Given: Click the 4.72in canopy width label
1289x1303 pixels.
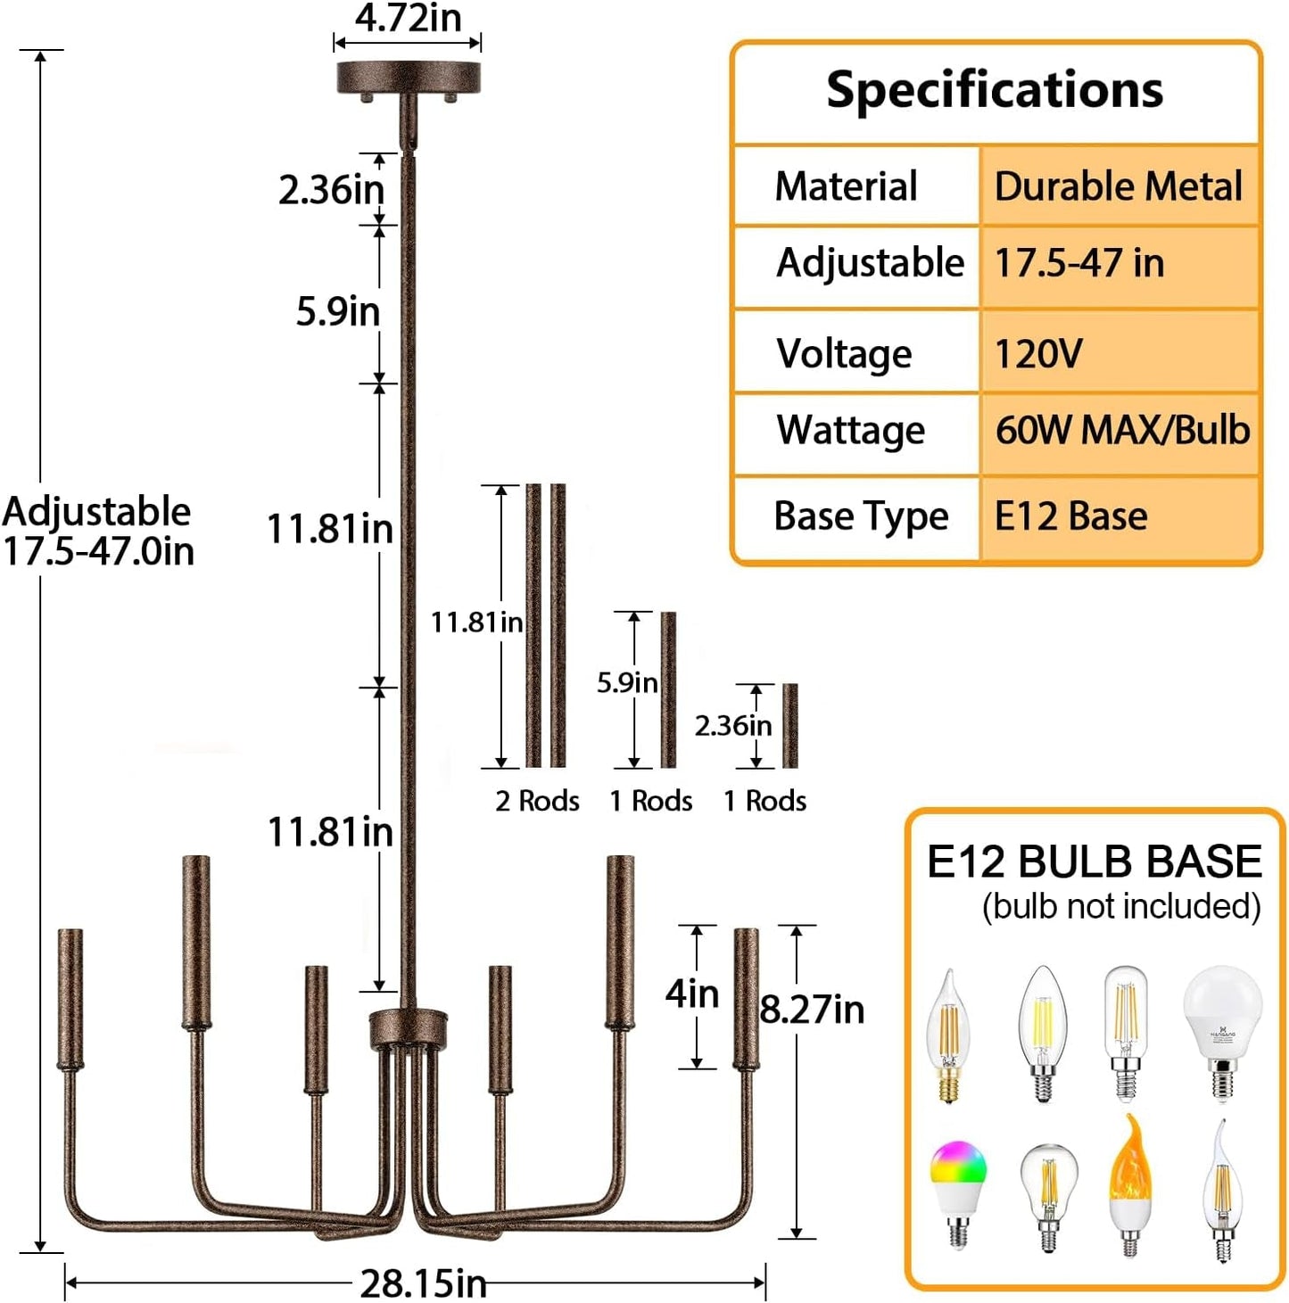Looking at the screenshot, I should click(408, 18).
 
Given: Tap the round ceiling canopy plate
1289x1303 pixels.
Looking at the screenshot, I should click(408, 78).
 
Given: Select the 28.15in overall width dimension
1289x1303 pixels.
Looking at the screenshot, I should click(423, 1283).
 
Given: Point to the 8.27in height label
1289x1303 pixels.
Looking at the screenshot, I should click(812, 1010).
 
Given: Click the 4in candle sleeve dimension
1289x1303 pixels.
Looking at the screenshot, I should click(692, 993).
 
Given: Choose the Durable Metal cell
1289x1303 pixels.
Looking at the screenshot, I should click(1118, 186).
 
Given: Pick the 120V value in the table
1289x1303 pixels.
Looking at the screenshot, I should click(1038, 353).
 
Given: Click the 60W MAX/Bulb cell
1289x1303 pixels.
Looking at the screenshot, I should click(1122, 430).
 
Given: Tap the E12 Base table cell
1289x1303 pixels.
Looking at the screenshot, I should click(1070, 516).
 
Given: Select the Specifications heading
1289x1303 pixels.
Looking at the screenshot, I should click(995, 90).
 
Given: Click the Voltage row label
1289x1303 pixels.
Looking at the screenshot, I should click(844, 353).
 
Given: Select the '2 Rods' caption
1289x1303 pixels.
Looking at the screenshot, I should click(537, 801).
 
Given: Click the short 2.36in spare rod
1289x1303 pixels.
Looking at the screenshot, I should click(789, 725).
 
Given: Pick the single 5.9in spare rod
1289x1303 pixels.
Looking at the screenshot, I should click(668, 689).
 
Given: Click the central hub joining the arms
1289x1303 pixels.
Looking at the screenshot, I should click(409, 1028).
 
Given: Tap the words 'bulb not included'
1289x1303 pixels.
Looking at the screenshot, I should click(1121, 906).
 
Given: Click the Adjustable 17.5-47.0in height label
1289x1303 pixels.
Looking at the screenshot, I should click(98, 531).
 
